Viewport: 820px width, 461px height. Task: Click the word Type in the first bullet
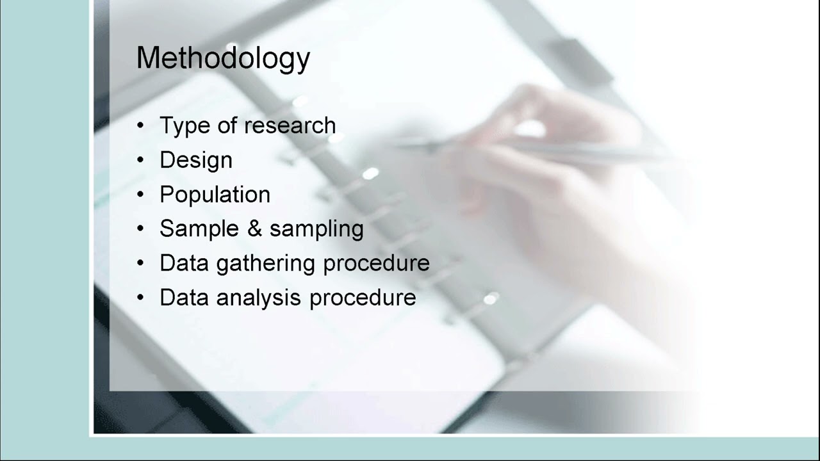[185, 126]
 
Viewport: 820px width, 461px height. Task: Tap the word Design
[196, 160]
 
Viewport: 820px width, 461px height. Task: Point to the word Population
[215, 195]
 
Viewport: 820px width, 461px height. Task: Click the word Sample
[198, 229]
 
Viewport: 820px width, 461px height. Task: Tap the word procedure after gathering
[376, 264]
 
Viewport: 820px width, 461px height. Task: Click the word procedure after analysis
[363, 298]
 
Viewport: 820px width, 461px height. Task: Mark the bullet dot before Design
[141, 161]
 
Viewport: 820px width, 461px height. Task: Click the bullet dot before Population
[141, 195]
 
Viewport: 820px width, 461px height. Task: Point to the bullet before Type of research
[141, 126]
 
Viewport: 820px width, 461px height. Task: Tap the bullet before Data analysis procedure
[141, 298]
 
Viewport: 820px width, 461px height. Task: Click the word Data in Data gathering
[184, 264]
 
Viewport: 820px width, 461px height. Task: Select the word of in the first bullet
[227, 126]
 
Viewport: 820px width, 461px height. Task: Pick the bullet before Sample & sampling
[141, 229]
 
